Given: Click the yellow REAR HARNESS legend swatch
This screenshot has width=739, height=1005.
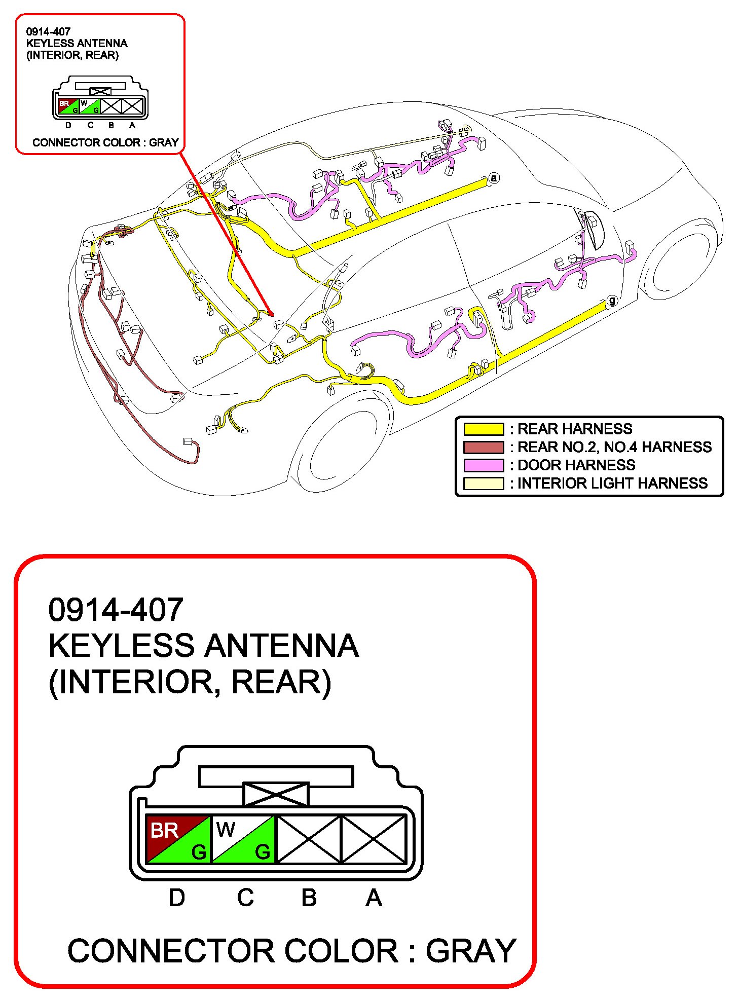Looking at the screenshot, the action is (484, 429).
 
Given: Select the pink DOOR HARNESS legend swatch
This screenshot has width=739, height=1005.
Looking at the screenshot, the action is (484, 465).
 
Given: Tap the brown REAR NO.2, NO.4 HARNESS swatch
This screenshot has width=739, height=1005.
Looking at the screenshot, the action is (484, 447).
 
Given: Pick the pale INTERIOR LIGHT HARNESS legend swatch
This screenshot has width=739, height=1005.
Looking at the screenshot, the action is (484, 483).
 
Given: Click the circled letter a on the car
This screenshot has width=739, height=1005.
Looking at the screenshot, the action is (494, 178).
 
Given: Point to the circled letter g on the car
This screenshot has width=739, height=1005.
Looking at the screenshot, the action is (612, 301).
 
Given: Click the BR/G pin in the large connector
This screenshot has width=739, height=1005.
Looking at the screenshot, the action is (178, 839).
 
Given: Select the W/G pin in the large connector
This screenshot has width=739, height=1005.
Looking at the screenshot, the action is (243, 839).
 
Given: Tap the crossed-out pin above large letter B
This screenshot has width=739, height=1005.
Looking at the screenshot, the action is (309, 839).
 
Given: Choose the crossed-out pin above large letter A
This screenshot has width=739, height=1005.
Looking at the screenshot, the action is (374, 839).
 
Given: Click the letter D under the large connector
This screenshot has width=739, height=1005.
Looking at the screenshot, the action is (176, 898).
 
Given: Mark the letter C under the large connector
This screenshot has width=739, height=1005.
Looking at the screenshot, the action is (245, 898).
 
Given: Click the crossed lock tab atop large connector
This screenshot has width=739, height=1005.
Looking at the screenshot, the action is (276, 794).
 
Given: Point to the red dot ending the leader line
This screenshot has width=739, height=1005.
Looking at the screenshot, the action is (271, 314).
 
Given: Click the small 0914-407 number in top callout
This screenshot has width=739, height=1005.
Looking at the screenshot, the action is (48, 31).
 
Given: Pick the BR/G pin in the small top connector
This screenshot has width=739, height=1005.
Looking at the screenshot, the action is (68, 106).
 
